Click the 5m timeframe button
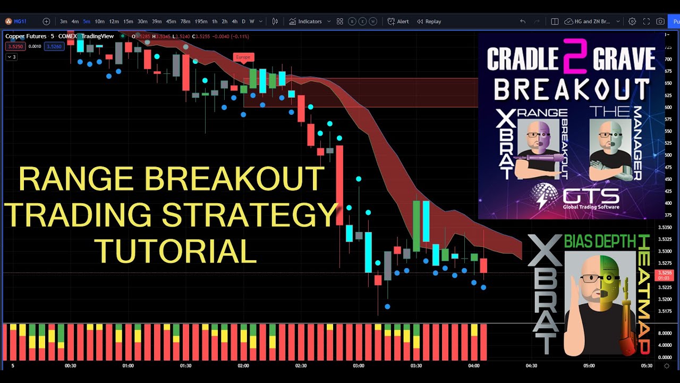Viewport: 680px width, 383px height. (86, 22)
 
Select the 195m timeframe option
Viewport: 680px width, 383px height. (201, 22)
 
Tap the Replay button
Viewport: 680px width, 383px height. (429, 22)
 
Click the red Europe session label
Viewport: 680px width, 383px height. (243, 57)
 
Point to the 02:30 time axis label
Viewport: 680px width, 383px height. (301, 366)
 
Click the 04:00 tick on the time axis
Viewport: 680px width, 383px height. (474, 366)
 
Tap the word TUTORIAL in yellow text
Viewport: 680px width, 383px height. (175, 252)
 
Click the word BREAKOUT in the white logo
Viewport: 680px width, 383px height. (572, 89)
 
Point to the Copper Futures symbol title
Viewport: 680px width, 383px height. (27, 36)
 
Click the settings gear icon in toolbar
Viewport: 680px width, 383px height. (632, 22)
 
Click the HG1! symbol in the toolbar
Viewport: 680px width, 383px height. (20, 22)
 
